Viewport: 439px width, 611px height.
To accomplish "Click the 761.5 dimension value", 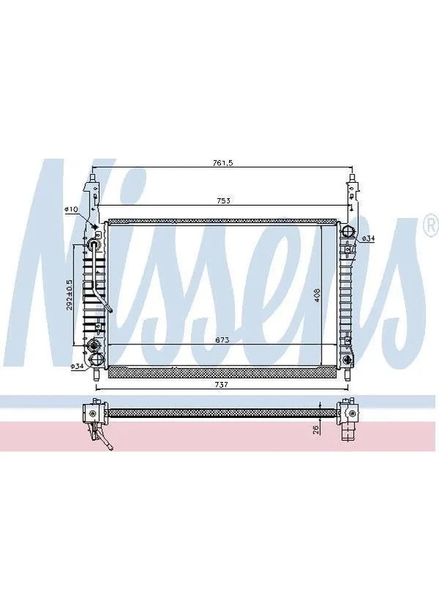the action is click(x=222, y=163).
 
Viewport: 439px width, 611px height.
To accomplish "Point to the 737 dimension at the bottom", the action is click(x=221, y=385).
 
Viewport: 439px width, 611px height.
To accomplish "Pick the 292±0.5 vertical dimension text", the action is click(x=69, y=295).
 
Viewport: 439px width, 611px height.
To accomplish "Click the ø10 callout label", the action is click(x=72, y=209).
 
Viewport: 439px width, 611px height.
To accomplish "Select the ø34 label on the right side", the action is click(x=368, y=238).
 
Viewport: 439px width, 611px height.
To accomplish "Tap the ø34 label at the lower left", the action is click(x=78, y=366).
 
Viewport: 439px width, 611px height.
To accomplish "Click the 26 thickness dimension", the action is click(x=316, y=430).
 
